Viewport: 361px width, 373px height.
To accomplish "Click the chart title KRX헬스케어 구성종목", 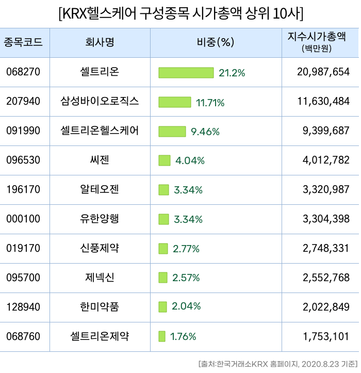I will (x=181, y=13).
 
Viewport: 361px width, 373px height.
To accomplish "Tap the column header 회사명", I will (x=100, y=42).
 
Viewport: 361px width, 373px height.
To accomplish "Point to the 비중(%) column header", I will (x=216, y=42).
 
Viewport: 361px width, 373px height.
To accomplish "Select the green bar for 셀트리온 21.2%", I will (x=186, y=73).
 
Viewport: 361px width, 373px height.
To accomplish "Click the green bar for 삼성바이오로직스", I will (x=175, y=102).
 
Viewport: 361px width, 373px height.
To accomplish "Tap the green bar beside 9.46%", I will (x=172, y=132).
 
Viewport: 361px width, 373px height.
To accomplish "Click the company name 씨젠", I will (x=100, y=160).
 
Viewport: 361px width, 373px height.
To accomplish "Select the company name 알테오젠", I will (x=100, y=190).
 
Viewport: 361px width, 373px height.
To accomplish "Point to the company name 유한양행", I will (x=100, y=219).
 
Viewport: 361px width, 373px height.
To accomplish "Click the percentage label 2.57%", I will (x=186, y=278).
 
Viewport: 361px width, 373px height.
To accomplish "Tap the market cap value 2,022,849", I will (x=327, y=307).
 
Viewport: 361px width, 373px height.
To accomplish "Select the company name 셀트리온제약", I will (x=100, y=337).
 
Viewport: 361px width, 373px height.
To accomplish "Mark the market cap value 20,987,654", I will (x=323, y=73).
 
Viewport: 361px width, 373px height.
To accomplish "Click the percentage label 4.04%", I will (x=190, y=160).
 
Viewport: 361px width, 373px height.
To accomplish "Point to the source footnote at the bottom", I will (x=278, y=363).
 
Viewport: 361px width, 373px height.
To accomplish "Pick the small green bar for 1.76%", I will (x=162, y=337).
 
